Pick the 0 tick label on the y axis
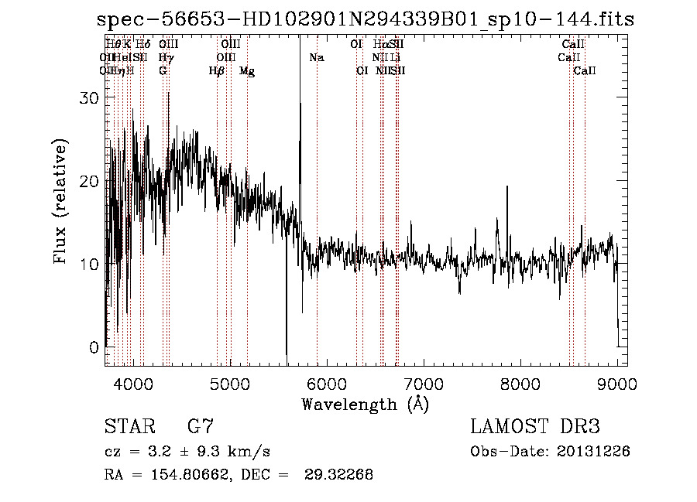[94, 347]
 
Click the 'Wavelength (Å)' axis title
[365, 404]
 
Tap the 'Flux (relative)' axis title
[61, 201]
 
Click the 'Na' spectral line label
[316, 57]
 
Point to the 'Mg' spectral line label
[247, 71]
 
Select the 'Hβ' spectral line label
[217, 71]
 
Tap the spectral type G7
[201, 427]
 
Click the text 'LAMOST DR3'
[535, 427]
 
